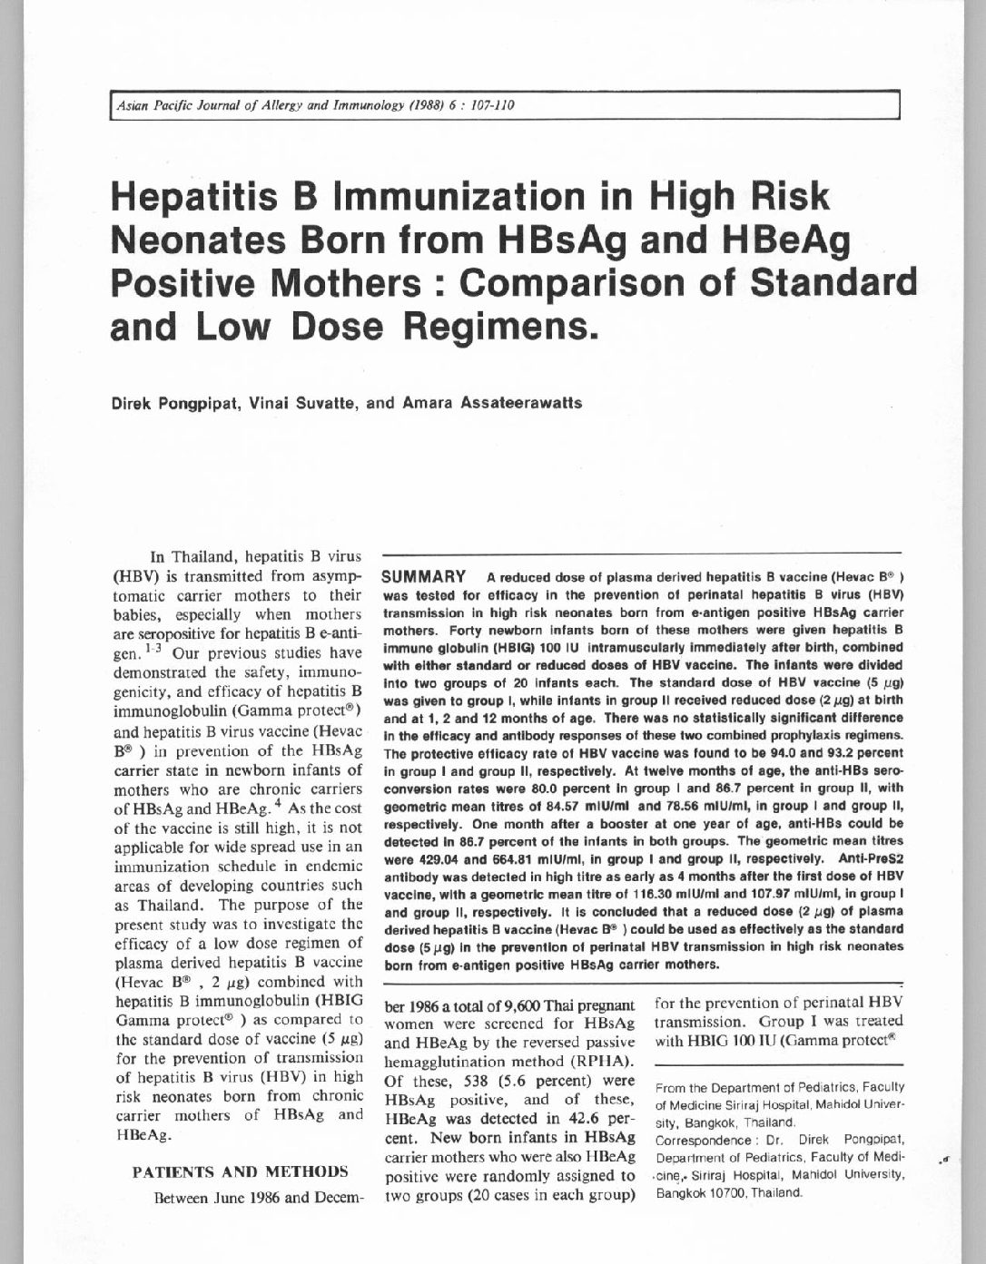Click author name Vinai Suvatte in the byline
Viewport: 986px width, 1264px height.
(x=300, y=402)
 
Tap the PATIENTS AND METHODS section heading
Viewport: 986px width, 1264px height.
(x=241, y=1171)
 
